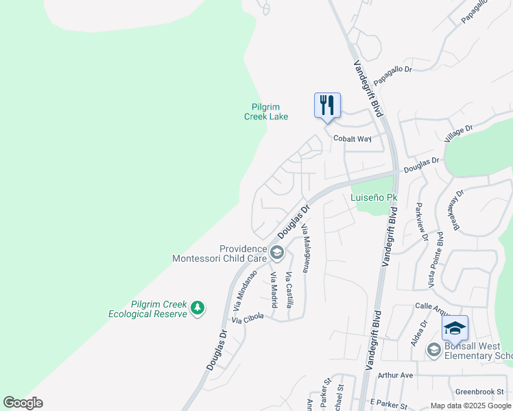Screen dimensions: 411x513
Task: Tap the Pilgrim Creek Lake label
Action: [x=266, y=112]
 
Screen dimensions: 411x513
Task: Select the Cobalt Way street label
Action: [x=352, y=138]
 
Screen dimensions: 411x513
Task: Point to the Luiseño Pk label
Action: [x=374, y=198]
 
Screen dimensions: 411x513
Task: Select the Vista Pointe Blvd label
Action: [x=435, y=261]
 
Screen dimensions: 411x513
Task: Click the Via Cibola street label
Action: [x=248, y=319]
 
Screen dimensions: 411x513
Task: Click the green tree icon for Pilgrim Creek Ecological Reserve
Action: [x=198, y=308]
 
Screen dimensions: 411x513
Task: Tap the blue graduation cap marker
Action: [x=455, y=329]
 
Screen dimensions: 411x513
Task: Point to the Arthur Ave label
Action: [x=396, y=375]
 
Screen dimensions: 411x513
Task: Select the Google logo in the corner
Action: [x=23, y=403]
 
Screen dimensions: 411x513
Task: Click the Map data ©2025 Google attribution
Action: [x=470, y=406]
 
